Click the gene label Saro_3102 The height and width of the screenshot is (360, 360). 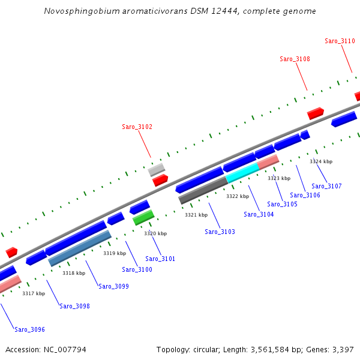pyautogui.click(x=137, y=127)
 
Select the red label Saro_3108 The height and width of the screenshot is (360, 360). pyautogui.click(x=295, y=59)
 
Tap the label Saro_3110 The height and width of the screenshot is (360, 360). pyautogui.click(x=340, y=41)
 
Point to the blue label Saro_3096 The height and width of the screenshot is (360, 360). pyautogui.click(x=29, y=329)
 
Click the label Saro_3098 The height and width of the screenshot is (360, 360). pyautogui.click(x=74, y=306)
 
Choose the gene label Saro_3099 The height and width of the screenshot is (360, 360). pyautogui.click(x=113, y=286)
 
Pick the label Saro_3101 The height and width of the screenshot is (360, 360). pyautogui.click(x=160, y=259)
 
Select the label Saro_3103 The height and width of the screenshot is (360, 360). pyautogui.click(x=220, y=232)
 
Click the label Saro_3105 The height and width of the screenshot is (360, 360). pyautogui.click(x=282, y=204)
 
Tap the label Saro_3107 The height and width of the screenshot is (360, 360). pyautogui.click(x=326, y=186)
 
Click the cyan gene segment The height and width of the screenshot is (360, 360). pyautogui.click(x=242, y=173)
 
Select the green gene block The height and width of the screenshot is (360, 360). pyautogui.click(x=143, y=217)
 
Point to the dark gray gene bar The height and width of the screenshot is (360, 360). pyautogui.click(x=203, y=191)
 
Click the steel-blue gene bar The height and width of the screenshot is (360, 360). pyautogui.click(x=80, y=248)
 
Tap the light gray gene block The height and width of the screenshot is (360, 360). pyautogui.click(x=157, y=169)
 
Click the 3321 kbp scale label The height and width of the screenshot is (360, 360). pyautogui.click(x=196, y=214)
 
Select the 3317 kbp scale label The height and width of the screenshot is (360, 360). pyautogui.click(x=34, y=293)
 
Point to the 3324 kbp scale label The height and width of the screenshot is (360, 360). pyautogui.click(x=321, y=161)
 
